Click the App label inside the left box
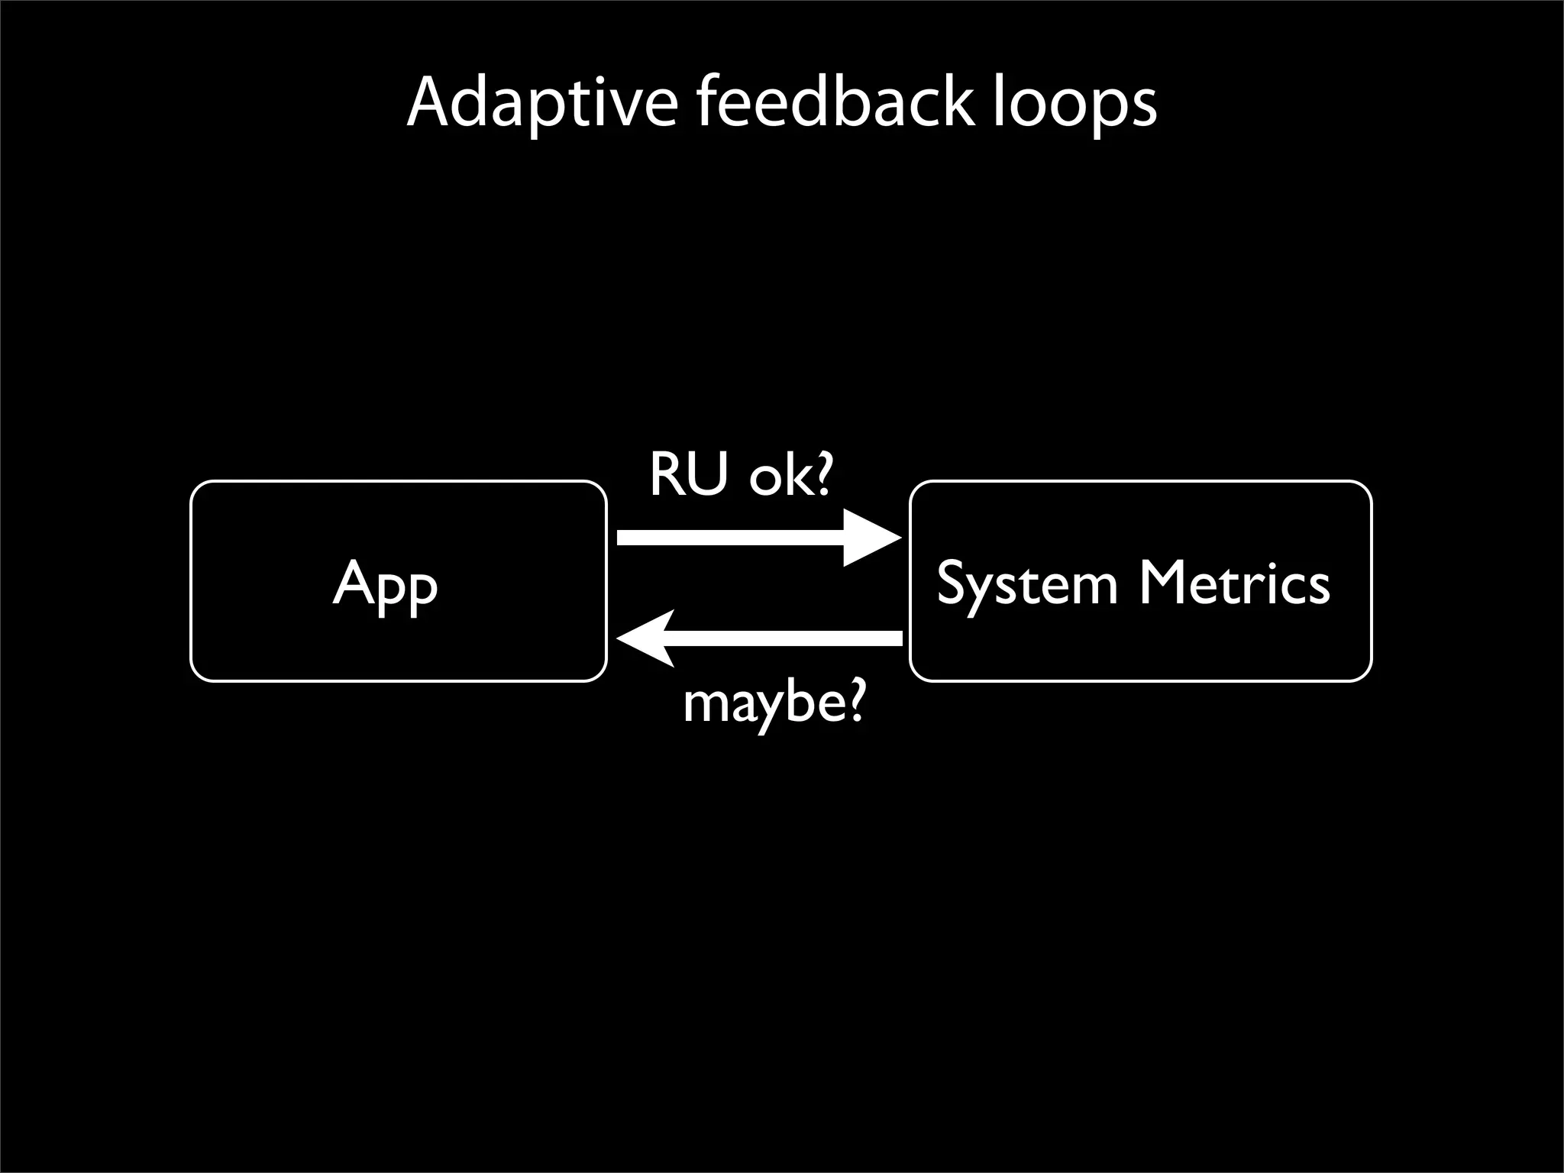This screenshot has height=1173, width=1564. pos(386,584)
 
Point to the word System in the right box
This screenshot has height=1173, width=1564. pos(1027,584)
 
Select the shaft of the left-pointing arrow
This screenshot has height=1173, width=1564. pos(787,638)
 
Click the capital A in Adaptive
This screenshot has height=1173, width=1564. pos(431,102)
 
